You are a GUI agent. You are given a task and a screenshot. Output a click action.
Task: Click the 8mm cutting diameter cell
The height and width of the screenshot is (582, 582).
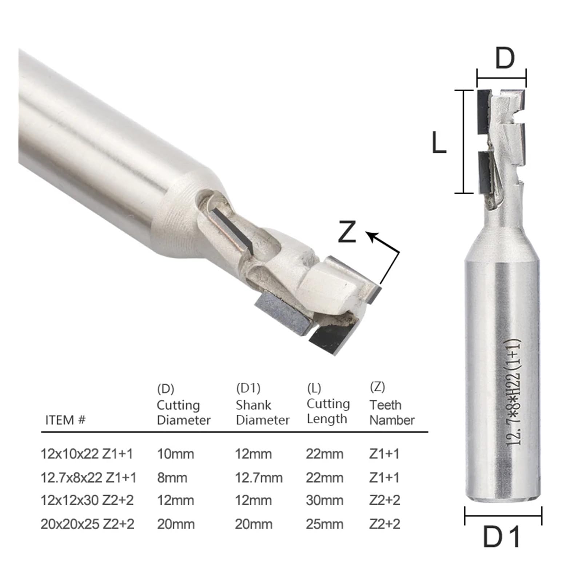click(172, 478)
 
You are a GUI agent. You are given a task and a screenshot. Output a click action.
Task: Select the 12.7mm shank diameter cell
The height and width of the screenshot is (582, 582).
click(259, 478)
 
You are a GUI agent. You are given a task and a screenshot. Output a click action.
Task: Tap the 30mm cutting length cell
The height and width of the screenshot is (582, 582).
click(324, 501)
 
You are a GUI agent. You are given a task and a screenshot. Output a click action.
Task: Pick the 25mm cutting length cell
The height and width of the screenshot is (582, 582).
click(324, 524)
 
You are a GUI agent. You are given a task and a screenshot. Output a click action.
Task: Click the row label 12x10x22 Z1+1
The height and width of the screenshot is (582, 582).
click(87, 454)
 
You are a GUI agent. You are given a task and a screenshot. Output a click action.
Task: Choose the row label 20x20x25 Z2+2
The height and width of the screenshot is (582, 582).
click(87, 524)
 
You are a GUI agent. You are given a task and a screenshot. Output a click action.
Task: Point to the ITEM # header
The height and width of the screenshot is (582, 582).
click(65, 420)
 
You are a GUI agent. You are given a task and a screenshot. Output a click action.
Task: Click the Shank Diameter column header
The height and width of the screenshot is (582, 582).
click(263, 412)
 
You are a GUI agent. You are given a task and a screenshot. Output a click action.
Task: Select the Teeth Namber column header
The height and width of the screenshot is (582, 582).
click(392, 412)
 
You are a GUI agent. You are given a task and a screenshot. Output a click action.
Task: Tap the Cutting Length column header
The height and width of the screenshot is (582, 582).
click(328, 411)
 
